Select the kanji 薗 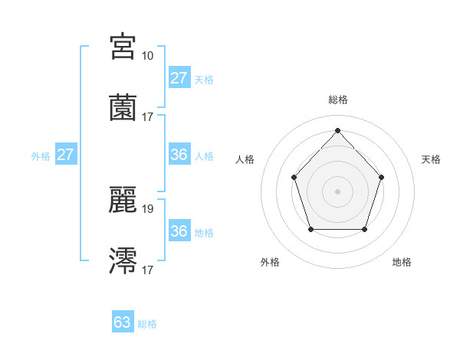[123, 108]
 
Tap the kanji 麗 [123, 201]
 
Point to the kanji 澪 [123, 261]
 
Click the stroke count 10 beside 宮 [147, 56]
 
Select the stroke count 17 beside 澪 [147, 270]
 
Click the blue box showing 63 [123, 322]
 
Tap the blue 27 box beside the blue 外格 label [66, 155]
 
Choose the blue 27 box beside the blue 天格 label [179, 77]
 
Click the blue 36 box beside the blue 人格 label [179, 155]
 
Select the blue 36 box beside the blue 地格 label [179, 231]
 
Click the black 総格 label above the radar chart [337, 100]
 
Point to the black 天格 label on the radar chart [432, 159]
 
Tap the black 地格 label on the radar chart [402, 262]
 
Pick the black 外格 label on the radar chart [270, 262]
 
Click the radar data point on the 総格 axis [337, 130]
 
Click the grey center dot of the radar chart [337, 191]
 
